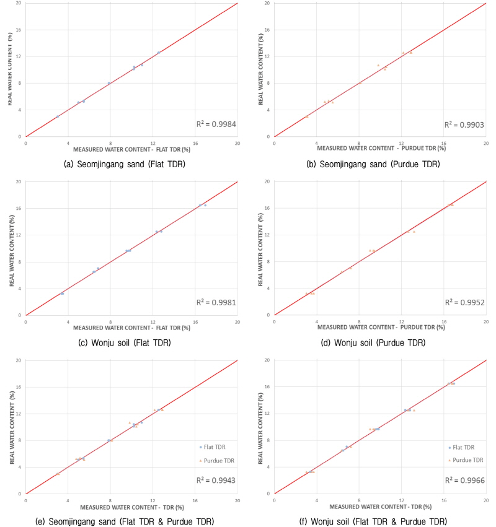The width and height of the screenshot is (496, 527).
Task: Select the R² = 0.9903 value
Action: pos(464,124)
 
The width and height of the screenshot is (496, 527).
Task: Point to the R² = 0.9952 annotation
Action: pos(464,303)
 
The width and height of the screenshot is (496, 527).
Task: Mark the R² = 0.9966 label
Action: pos(464,481)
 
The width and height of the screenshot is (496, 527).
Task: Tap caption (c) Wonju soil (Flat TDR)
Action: pos(122,342)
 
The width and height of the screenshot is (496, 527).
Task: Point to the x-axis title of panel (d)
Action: pos(381,328)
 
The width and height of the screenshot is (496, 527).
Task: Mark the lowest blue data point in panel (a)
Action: pos(58,116)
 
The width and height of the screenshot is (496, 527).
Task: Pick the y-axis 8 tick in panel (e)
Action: pos(20,440)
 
